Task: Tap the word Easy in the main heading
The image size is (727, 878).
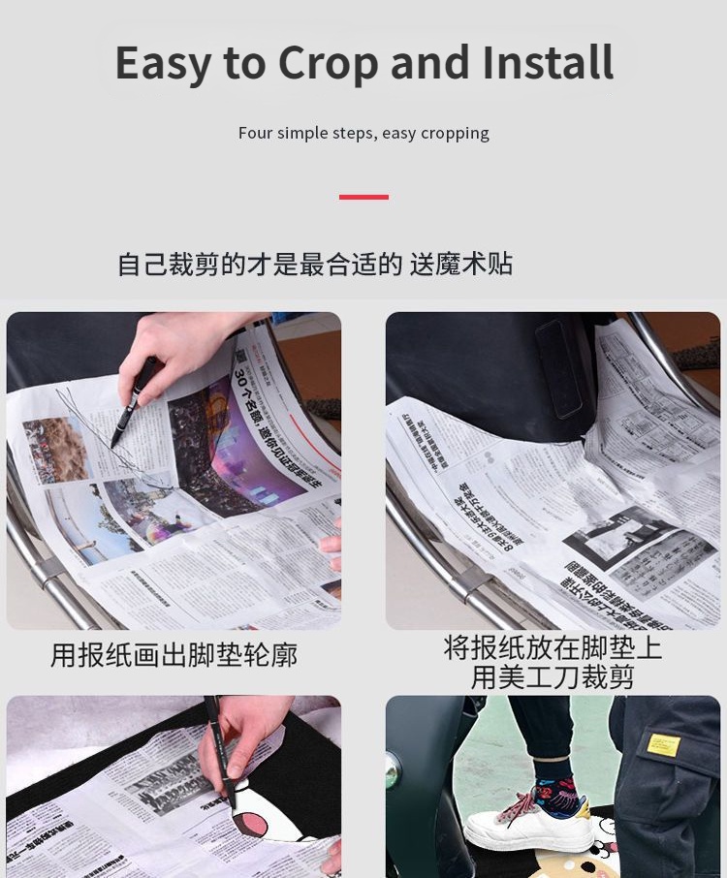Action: coord(164,64)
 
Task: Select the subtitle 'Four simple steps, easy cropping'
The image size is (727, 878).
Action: coord(363,133)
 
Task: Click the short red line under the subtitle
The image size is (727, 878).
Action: coord(363,197)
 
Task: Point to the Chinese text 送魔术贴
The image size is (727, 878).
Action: coord(460,264)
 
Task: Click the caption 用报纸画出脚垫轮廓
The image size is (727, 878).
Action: coord(174,655)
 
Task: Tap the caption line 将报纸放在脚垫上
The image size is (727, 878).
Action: coord(553,647)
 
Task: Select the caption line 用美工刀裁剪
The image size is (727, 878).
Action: coord(553,676)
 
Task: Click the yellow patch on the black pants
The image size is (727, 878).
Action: coord(663,744)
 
